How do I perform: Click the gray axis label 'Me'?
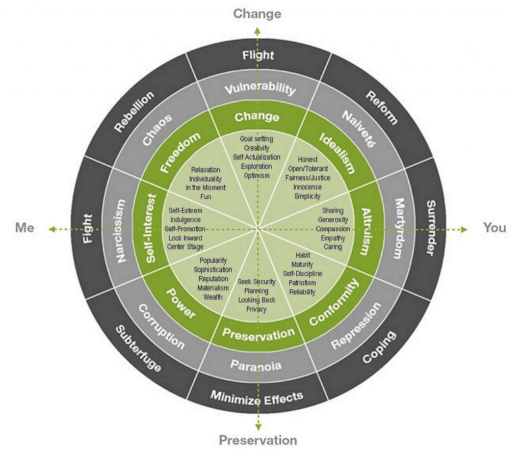tap(24, 228)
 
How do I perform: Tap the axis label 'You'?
tap(494, 228)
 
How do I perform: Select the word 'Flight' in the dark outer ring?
tap(258, 55)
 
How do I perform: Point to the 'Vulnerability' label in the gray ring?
tap(260, 89)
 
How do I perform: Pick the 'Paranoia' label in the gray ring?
tap(256, 365)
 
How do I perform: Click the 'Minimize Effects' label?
tap(257, 397)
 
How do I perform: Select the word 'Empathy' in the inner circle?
tap(333, 238)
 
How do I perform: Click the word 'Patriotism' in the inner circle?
tap(302, 283)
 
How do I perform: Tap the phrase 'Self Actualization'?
tap(257, 157)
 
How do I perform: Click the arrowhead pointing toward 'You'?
tap(464, 230)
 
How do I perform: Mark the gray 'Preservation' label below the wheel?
tap(258, 440)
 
